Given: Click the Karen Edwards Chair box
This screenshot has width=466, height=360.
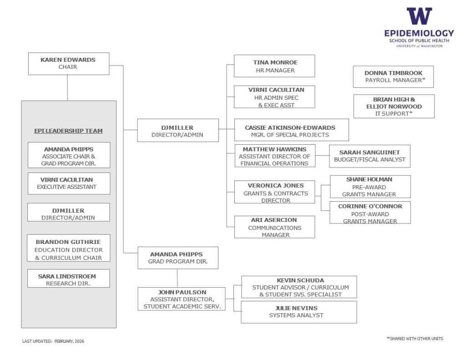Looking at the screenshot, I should pyautogui.click(x=69, y=63).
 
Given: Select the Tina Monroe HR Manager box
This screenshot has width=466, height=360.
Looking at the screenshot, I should pyautogui.click(x=274, y=66).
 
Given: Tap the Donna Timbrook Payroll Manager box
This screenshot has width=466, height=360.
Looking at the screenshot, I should pyautogui.click(x=393, y=76).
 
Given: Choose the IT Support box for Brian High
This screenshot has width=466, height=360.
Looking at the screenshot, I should pyautogui.click(x=394, y=106).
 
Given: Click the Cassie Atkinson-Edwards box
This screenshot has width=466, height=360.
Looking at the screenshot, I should pyautogui.click(x=291, y=131).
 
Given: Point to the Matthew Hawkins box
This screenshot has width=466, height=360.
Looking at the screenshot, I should pyautogui.click(x=274, y=156).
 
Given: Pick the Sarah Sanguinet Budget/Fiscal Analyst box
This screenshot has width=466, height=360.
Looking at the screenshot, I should pyautogui.click(x=369, y=156).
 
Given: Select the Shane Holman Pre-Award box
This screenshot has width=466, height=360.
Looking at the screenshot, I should pyautogui.click(x=370, y=187).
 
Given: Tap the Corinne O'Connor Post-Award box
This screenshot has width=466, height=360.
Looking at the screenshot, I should pyautogui.click(x=370, y=213).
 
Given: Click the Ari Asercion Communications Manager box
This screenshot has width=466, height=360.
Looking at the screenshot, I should pyautogui.click(x=274, y=227).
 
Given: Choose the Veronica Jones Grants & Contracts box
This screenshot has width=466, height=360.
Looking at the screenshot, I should pyautogui.click(x=274, y=193).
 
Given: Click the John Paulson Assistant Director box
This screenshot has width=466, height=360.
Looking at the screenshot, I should pyautogui.click(x=182, y=299).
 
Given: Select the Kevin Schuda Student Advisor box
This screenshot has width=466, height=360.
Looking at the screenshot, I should pyautogui.click(x=299, y=287).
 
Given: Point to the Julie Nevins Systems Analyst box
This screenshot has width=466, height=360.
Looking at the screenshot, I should pyautogui.click(x=299, y=312).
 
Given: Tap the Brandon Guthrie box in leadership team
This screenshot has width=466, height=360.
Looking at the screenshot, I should pyautogui.click(x=69, y=249).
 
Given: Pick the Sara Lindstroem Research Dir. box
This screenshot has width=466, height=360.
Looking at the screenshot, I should pyautogui.click(x=69, y=279).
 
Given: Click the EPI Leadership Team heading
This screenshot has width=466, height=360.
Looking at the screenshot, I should pyautogui.click(x=69, y=131).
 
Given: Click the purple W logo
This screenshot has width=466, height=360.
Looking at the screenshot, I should pyautogui.click(x=419, y=17).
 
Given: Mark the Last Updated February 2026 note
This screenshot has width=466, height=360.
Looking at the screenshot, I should pyautogui.click(x=53, y=341).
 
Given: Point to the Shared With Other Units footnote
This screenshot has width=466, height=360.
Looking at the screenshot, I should pyautogui.click(x=415, y=339).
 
